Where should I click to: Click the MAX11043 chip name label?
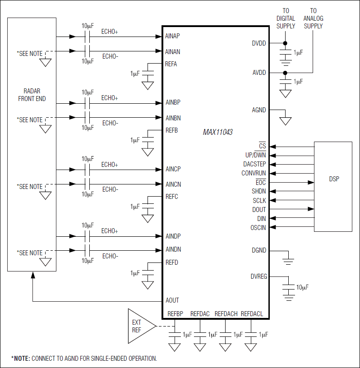[x=217, y=133]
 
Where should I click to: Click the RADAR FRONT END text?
[x=32, y=95]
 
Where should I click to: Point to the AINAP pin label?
[x=173, y=36]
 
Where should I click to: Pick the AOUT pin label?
[x=172, y=300]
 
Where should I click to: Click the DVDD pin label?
[x=259, y=43]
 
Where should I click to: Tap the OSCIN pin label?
[x=258, y=228]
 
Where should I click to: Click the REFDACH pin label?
[x=226, y=314]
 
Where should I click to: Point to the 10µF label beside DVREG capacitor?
[x=302, y=287]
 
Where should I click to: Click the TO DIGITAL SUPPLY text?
[x=286, y=18]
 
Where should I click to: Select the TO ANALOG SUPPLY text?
[x=313, y=18]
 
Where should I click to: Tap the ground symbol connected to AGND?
[x=285, y=121]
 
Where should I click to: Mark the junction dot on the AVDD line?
[x=285, y=73]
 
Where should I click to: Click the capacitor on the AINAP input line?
[x=88, y=36]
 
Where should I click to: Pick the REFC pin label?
[x=171, y=197]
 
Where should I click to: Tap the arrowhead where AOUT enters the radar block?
[x=32, y=275]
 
